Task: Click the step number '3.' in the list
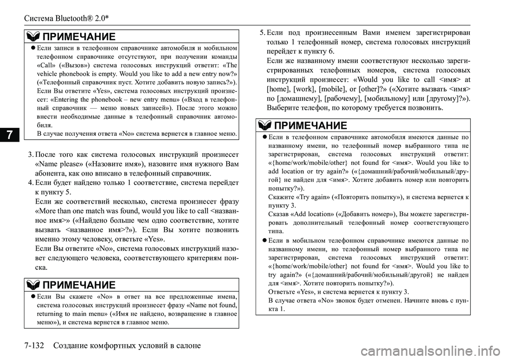tap(31, 154)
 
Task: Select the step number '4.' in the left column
tap(31, 183)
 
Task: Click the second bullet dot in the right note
tap(265, 240)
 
